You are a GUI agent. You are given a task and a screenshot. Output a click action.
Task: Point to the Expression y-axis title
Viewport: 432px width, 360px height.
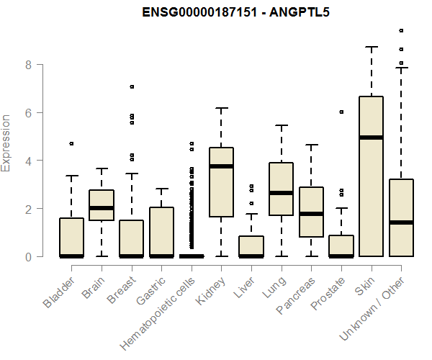pyautogui.click(x=6, y=143)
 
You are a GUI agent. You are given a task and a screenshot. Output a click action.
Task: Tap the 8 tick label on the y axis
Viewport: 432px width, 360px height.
pyautogui.click(x=28, y=64)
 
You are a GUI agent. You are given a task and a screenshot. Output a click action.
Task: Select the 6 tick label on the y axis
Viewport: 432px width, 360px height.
pyautogui.click(x=28, y=112)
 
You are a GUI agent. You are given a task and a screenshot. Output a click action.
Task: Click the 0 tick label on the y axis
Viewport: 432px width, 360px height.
pyautogui.click(x=28, y=256)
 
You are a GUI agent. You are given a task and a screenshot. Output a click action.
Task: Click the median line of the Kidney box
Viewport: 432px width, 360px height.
pyautogui.click(x=221, y=166)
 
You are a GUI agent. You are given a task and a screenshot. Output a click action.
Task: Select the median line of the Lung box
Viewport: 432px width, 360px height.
pyautogui.click(x=282, y=193)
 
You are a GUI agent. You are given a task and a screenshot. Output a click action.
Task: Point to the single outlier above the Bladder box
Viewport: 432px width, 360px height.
pyautogui.click(x=71, y=143)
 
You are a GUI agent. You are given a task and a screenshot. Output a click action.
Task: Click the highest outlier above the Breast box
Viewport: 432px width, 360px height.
pyautogui.click(x=131, y=86)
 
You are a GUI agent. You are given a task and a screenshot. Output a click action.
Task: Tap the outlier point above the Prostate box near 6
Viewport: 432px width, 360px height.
pyautogui.click(x=341, y=112)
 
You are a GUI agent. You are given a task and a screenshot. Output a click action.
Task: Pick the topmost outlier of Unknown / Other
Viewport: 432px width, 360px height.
pyautogui.click(x=401, y=31)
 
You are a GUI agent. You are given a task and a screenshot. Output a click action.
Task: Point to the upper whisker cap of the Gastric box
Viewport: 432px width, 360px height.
pyautogui.click(x=161, y=189)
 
